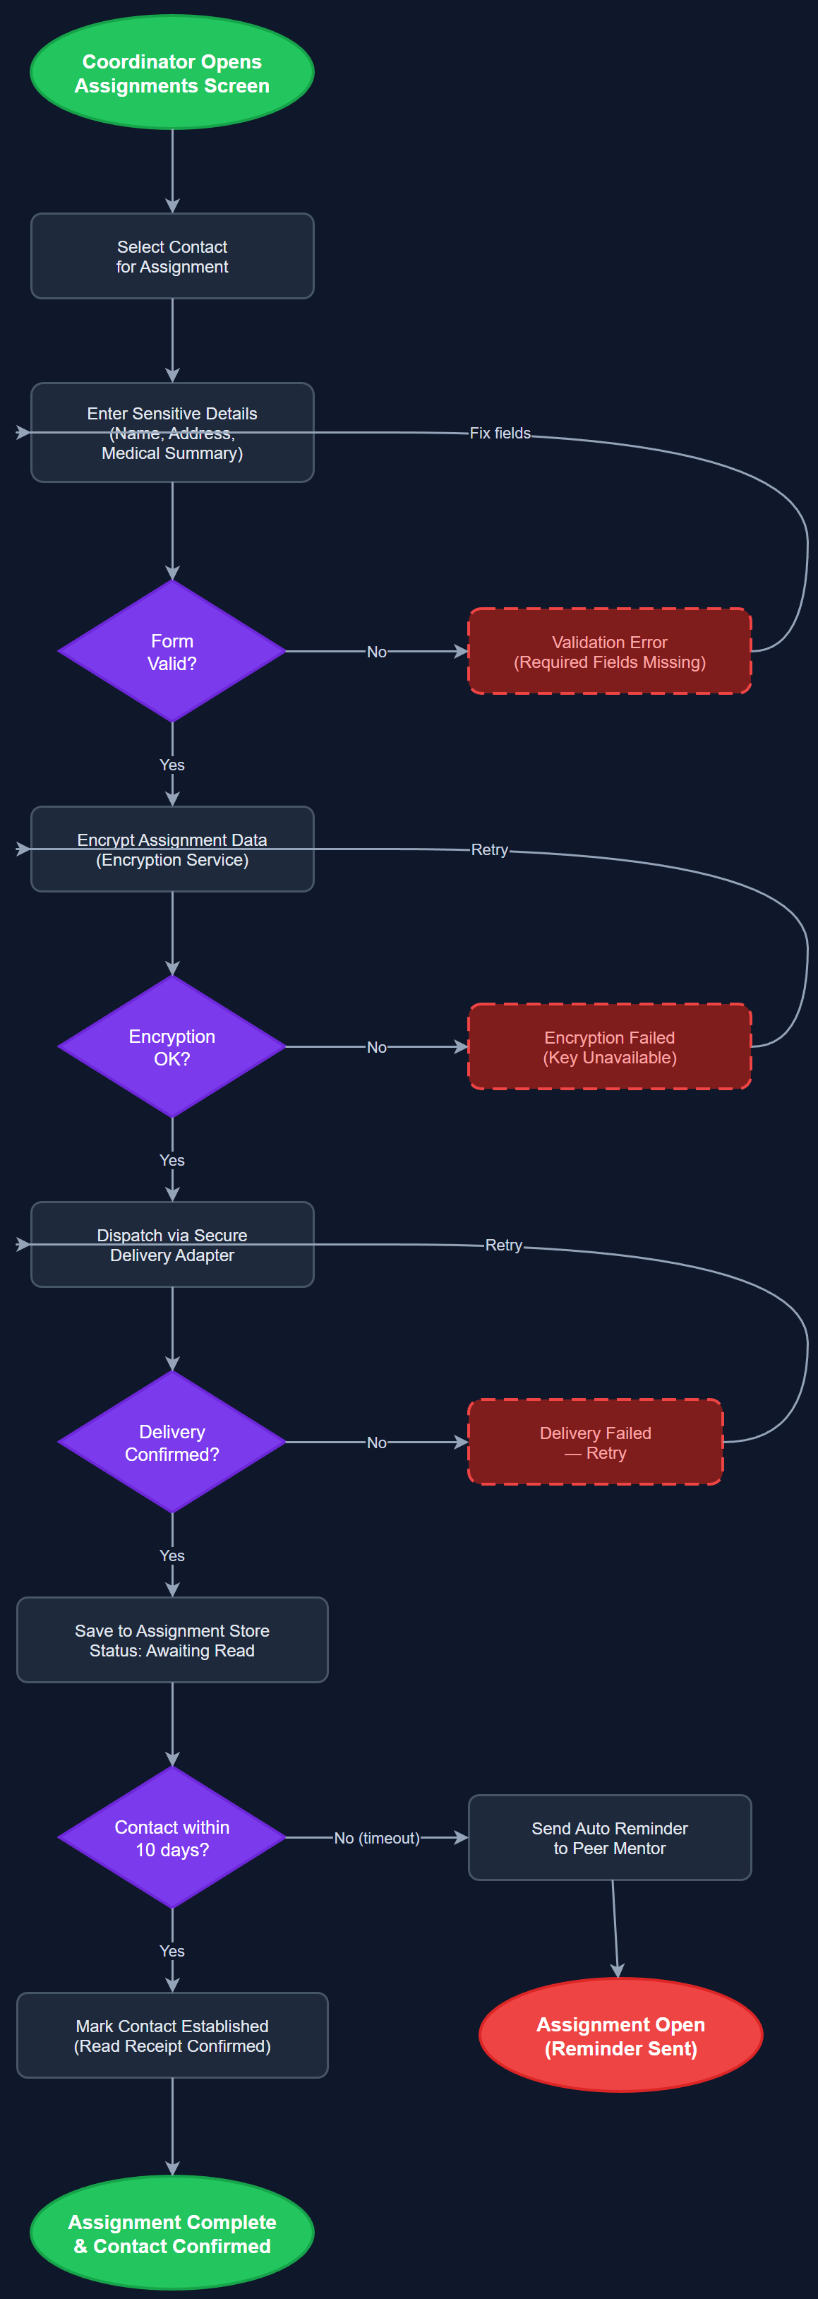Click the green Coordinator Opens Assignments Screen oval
pyautogui.click(x=172, y=72)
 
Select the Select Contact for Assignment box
pyautogui.click(x=172, y=256)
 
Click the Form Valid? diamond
pyautogui.click(x=172, y=652)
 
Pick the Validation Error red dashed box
pyautogui.click(x=609, y=652)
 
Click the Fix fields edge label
pyautogui.click(x=500, y=433)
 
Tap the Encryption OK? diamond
pyautogui.click(x=172, y=1047)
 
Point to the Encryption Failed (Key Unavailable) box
pyautogui.click(x=609, y=1047)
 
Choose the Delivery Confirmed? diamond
pyautogui.click(x=172, y=1443)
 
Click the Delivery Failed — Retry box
pyautogui.click(x=595, y=1443)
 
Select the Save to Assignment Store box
pyautogui.click(x=172, y=1640)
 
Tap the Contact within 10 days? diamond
pyautogui.click(x=172, y=1838)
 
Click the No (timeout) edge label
pyautogui.click(x=376, y=1838)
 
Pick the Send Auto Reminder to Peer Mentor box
pyautogui.click(x=609, y=1838)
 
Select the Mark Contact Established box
pyautogui.click(x=172, y=2036)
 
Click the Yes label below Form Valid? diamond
pyautogui.click(x=172, y=765)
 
